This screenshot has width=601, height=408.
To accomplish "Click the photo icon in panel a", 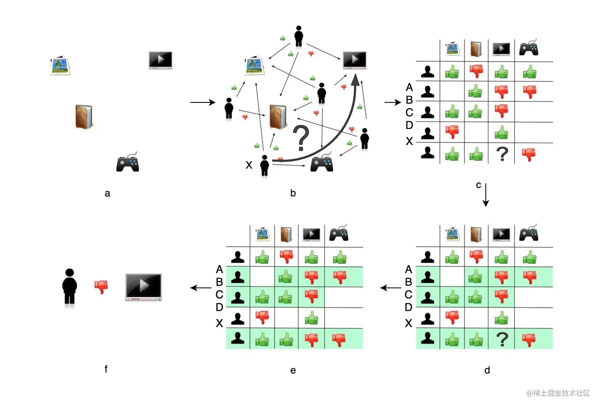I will [60, 65].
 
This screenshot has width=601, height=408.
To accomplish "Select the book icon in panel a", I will [84, 117].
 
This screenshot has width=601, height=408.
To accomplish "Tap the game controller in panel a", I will [128, 162].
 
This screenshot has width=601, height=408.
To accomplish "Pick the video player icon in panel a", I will [160, 60].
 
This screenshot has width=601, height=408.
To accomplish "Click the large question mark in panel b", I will [301, 137].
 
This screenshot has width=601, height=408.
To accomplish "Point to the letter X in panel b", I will [249, 165].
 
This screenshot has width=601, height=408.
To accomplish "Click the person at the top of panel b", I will [299, 37].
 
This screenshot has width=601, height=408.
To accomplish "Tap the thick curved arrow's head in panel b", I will [355, 81].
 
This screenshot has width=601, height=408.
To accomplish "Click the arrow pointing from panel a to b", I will [202, 102].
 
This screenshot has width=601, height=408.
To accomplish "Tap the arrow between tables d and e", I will [390, 288].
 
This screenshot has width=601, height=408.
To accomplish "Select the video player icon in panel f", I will [143, 287].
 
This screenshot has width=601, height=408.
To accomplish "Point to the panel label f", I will [106, 369].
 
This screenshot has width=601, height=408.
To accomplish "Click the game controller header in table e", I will [339, 233].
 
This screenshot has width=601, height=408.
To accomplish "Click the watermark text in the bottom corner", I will [558, 393].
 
